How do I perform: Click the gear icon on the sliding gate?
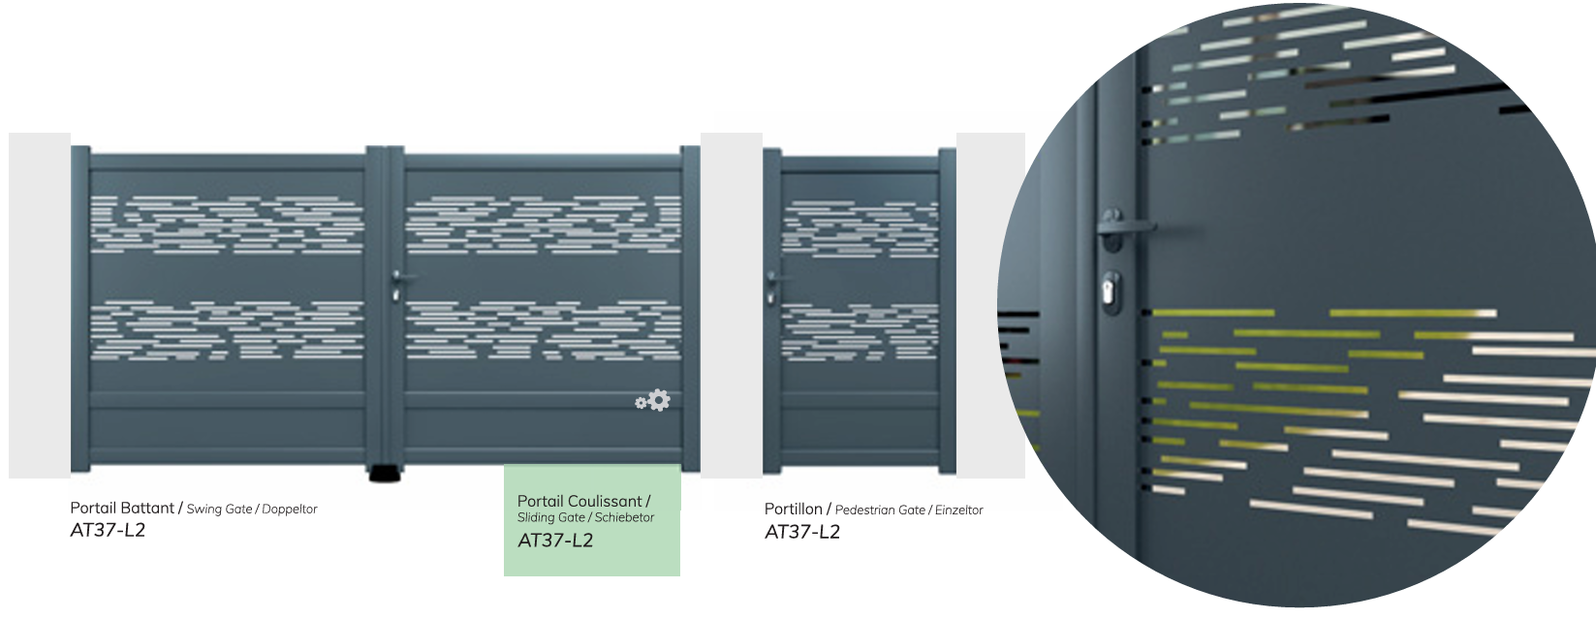[653, 400]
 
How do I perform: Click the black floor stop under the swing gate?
[386, 473]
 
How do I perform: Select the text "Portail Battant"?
[122, 508]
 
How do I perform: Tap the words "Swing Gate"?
[219, 510]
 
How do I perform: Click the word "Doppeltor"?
[290, 510]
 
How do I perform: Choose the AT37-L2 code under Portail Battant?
[108, 530]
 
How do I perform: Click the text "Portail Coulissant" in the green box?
[579, 502]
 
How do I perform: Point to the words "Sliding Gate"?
[550, 518]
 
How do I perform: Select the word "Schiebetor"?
[624, 518]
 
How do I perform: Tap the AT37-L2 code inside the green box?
[555, 540]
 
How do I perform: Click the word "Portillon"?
[793, 510]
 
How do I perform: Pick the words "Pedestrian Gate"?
[880, 510]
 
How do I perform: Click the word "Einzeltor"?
[959, 510]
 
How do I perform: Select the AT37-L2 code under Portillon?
[802, 532]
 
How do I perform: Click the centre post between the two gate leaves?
[386, 306]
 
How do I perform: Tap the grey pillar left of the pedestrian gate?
[731, 305]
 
